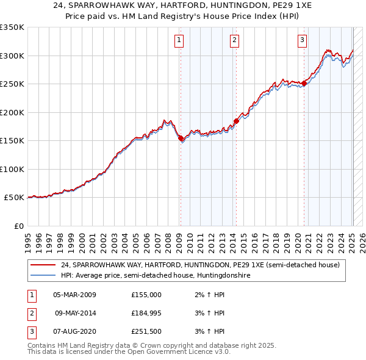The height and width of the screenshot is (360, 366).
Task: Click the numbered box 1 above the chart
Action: (179, 41)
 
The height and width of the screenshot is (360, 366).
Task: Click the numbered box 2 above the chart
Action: (235, 41)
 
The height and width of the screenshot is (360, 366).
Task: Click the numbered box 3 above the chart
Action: (303, 41)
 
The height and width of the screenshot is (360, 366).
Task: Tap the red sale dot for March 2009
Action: (181, 138)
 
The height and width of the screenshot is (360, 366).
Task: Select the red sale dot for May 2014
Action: (236, 121)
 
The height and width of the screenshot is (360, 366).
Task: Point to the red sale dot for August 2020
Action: (304, 83)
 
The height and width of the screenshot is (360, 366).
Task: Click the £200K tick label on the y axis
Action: (12, 112)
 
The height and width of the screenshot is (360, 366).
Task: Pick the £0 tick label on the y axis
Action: (18, 226)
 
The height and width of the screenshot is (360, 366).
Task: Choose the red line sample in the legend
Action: (42, 265)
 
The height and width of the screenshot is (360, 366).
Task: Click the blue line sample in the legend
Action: (42, 276)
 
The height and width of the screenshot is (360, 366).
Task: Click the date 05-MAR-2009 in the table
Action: (74, 295)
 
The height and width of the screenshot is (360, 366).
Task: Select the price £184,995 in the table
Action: (146, 313)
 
